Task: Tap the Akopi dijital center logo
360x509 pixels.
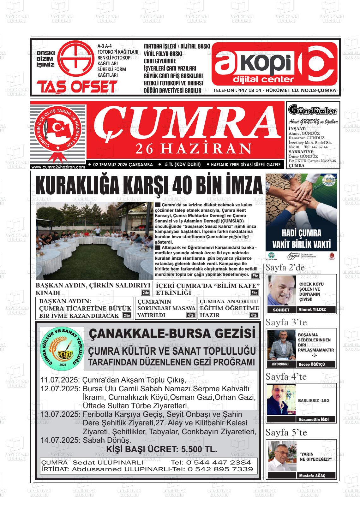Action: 274,64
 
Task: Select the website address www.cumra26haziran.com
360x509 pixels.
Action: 58,167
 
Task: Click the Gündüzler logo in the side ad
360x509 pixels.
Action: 313,110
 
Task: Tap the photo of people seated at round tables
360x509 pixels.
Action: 94,241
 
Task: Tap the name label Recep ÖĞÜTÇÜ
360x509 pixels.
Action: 312,364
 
